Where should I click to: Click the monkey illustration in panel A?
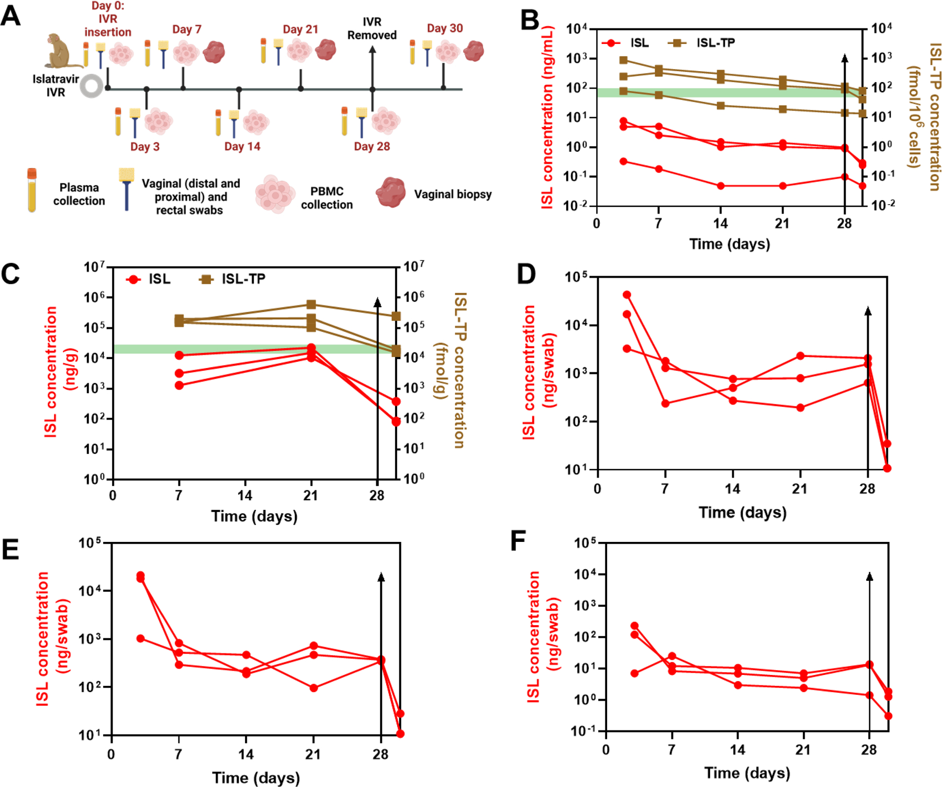click(61, 51)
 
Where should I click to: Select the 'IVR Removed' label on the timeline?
click(372, 29)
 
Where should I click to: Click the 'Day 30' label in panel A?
click(445, 28)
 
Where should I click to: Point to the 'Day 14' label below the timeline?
click(242, 147)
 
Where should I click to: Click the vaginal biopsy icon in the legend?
click(390, 193)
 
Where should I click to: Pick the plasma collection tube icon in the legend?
click(32, 190)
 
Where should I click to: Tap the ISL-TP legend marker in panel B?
click(677, 43)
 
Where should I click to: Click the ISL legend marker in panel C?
click(134, 280)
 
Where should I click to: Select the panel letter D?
click(526, 274)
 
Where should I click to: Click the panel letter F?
click(518, 541)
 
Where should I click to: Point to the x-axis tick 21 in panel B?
click(782, 224)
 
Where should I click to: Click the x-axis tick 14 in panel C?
click(244, 495)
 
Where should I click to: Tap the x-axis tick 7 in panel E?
click(178, 755)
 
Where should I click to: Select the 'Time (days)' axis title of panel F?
click(747, 773)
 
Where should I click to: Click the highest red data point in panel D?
click(626, 295)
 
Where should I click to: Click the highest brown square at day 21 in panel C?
click(311, 304)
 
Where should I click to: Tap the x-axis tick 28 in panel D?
click(867, 489)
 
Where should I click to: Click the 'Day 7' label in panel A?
click(187, 29)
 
